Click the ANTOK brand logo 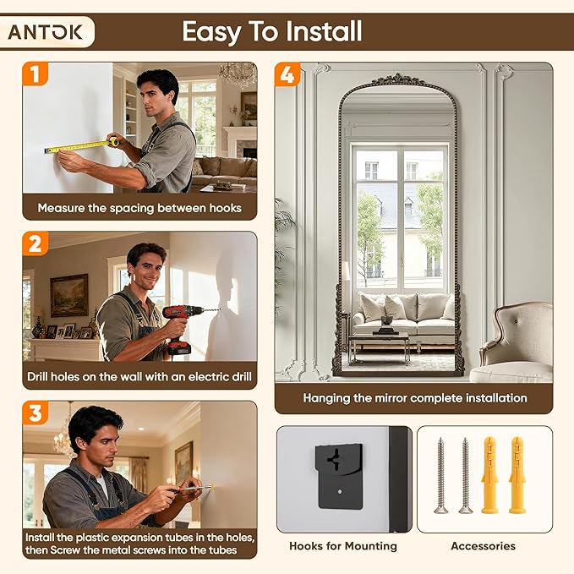pyautogui.click(x=45, y=32)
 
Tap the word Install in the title pyautogui.click(x=324, y=31)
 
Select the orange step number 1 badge pyautogui.click(x=36, y=74)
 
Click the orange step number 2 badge pyautogui.click(x=36, y=243)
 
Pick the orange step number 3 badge pyautogui.click(x=36, y=413)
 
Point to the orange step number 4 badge pyautogui.click(x=287, y=74)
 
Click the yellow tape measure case pyautogui.click(x=113, y=141)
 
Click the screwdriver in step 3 pyautogui.click(x=191, y=489)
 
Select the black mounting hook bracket pyautogui.click(x=340, y=476)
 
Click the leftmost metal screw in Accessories pyautogui.click(x=440, y=476)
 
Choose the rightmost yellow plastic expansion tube pyautogui.click(x=517, y=474)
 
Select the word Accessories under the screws pyautogui.click(x=484, y=546)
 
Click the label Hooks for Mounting pyautogui.click(x=343, y=546)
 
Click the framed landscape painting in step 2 pyautogui.click(x=69, y=295)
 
